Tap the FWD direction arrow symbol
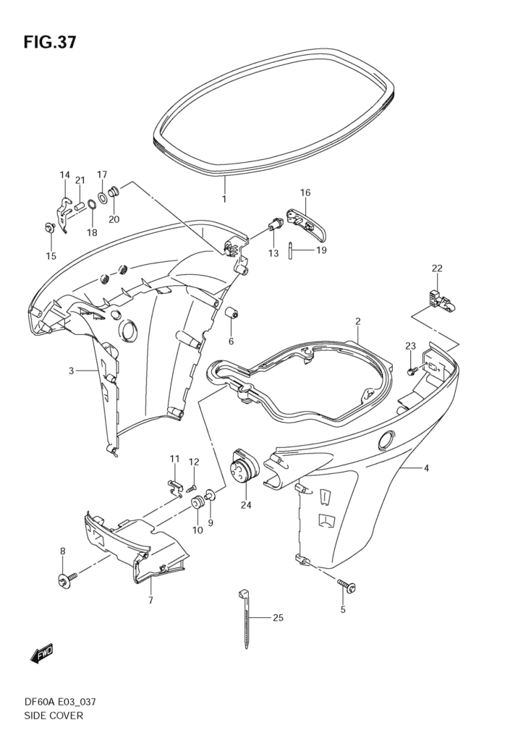[41, 653]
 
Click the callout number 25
[278, 618]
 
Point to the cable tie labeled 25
[247, 619]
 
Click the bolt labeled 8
[64, 579]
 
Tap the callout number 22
[437, 268]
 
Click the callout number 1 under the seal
[224, 199]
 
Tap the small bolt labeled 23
[411, 370]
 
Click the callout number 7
[150, 600]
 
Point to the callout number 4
[426, 468]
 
